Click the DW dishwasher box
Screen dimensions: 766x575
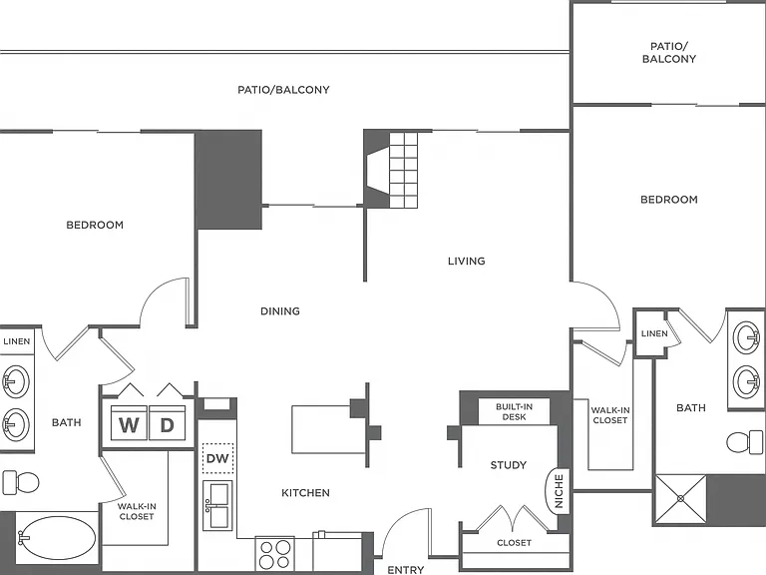[x=217, y=458]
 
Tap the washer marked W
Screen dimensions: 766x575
[x=129, y=422]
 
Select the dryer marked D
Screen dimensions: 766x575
[x=168, y=422]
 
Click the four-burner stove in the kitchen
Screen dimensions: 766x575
[x=274, y=554]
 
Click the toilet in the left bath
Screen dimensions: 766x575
[x=21, y=482]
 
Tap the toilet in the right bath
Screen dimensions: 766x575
[x=744, y=442]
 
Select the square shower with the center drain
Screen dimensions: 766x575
[x=680, y=499]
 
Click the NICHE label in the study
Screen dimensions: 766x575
[x=560, y=491]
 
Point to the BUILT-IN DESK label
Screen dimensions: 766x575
[x=514, y=411]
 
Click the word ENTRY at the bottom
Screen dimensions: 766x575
[x=406, y=570]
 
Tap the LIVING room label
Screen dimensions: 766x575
[x=467, y=262]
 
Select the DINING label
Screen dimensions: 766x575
[x=280, y=311]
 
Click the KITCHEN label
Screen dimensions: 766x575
[x=306, y=493]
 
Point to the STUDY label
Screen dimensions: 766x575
[x=509, y=465]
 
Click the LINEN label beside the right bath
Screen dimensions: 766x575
[x=654, y=333]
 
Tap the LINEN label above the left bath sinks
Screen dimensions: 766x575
[x=17, y=341]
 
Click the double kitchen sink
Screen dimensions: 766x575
[x=217, y=505]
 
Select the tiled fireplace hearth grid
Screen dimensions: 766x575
[x=404, y=170]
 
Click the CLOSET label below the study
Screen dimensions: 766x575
[x=514, y=543]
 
